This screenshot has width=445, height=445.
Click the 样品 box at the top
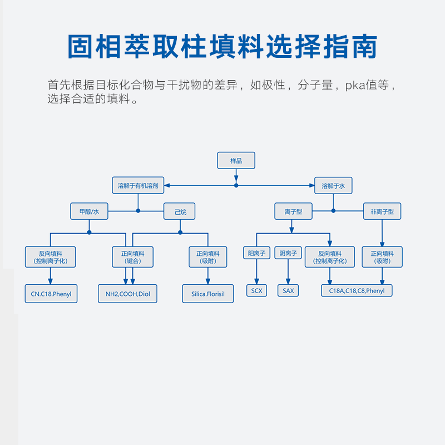[236, 160]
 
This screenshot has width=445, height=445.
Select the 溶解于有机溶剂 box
[138, 186]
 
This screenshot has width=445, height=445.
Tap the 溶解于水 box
[333, 186]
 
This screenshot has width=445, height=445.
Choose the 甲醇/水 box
[89, 211]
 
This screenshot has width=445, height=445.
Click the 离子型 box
[293, 211]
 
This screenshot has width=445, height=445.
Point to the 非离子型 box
[382, 211]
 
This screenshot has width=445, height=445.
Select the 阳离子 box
[256, 253]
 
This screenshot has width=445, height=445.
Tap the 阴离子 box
[288, 253]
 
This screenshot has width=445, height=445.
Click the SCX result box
[256, 290]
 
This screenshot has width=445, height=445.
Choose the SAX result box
[288, 290]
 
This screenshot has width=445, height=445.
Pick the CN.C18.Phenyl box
[51, 293]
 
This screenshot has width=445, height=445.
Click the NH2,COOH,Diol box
[127, 293]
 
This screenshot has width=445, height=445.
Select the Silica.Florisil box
[208, 293]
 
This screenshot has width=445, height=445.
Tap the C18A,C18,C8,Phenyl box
[357, 290]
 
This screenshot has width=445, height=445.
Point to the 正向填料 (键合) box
[132, 257]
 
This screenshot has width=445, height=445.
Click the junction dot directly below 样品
[236, 185]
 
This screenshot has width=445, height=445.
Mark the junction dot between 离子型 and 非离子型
[333, 211]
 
